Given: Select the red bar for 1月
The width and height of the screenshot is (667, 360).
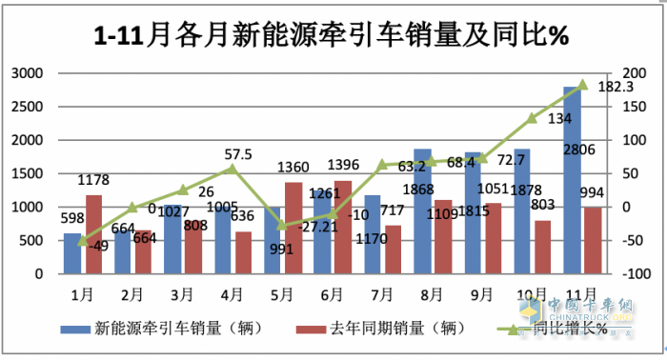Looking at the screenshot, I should (x=93, y=234).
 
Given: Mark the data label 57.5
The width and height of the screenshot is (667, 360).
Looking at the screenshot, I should (x=237, y=153).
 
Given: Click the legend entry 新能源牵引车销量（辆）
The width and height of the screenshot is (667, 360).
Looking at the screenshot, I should (x=174, y=330).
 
